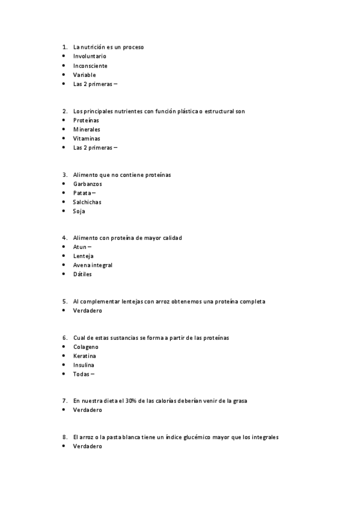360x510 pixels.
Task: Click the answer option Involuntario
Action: pyautogui.click(x=90, y=56)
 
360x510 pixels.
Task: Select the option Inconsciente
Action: pyautogui.click(x=90, y=66)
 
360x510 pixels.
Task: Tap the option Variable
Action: pyautogui.click(x=84, y=75)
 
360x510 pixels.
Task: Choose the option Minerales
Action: pyautogui.click(x=87, y=129)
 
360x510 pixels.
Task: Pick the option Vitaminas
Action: pyautogui.click(x=87, y=138)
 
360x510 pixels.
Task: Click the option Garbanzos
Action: pyautogui.click(x=88, y=183)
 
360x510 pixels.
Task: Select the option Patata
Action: pyautogui.click(x=82, y=193)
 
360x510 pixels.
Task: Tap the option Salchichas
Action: pyautogui.click(x=87, y=202)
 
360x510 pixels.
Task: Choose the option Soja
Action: pyautogui.click(x=79, y=211)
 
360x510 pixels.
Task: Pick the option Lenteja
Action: pyautogui.click(x=84, y=256)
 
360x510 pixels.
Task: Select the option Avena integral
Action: pyautogui.click(x=93, y=265)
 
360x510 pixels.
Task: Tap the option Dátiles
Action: pyautogui.click(x=82, y=274)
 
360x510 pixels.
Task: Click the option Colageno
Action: pyautogui.click(x=85, y=347)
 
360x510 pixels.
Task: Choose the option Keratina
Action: pyautogui.click(x=84, y=356)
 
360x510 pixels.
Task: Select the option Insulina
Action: pyautogui.click(x=84, y=365)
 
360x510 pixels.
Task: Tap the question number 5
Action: pyautogui.click(x=64, y=301)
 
